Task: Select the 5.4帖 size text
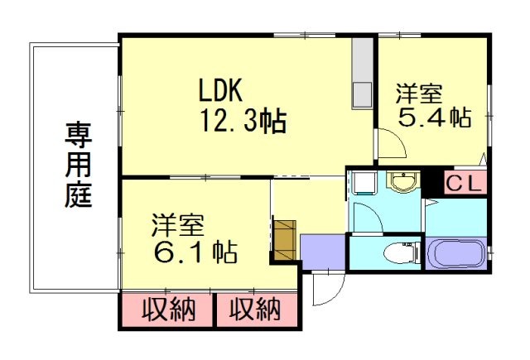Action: (x=434, y=118)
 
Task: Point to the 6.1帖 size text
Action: (x=193, y=249)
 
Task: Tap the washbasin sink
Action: (x=403, y=182)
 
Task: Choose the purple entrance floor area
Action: (x=321, y=251)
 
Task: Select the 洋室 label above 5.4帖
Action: (x=418, y=92)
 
